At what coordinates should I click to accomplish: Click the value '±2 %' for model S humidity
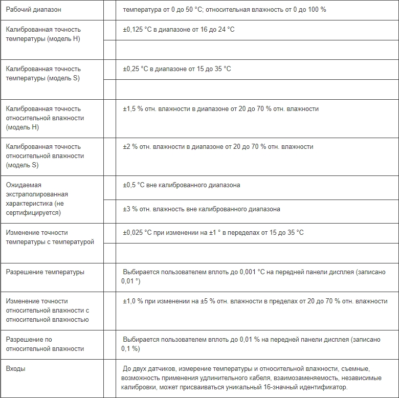pyautogui.click(x=130, y=146)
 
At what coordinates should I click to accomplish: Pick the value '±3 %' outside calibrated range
pyautogui.click(x=130, y=209)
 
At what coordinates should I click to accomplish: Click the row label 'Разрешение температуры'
pyautogui.click(x=46, y=272)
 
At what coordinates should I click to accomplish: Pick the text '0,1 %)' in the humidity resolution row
pyautogui.click(x=130, y=349)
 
